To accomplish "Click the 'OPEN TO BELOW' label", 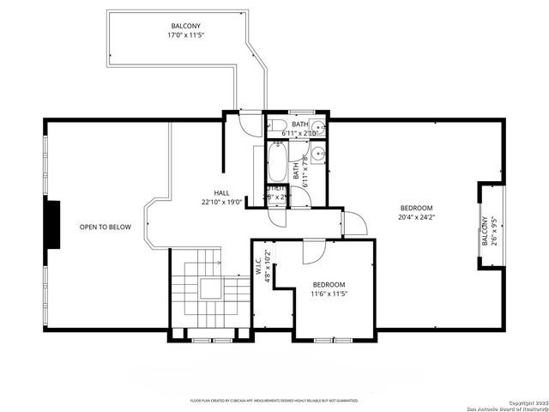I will (x=105, y=227).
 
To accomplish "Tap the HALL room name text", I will (x=222, y=193).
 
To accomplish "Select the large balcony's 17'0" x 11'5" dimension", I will (x=185, y=36).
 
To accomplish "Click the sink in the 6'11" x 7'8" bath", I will (x=317, y=154).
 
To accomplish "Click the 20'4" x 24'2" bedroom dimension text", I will (x=417, y=217).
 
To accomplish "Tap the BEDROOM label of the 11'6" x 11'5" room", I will (x=329, y=285).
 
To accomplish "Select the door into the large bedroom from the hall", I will (x=354, y=224).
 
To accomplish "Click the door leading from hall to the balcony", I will (x=248, y=124).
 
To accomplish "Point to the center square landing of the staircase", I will (x=208, y=288).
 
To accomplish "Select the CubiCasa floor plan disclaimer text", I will (x=274, y=401).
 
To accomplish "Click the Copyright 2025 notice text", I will (x=525, y=402).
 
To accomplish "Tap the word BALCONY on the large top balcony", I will (x=185, y=27).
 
